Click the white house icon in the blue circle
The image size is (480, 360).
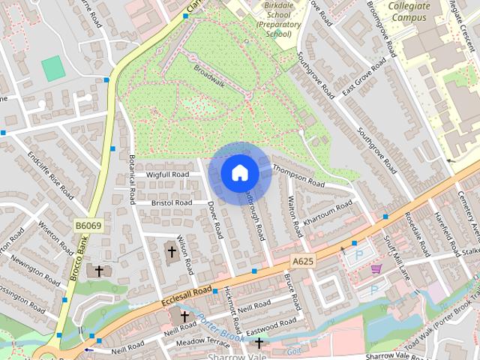(239, 172)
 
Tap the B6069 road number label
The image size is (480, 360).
(87, 224)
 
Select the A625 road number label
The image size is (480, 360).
(301, 260)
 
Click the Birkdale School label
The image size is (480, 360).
(273, 19)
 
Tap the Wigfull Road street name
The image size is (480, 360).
(168, 175)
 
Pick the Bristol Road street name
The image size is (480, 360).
(172, 202)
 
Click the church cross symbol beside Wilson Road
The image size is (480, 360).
(172, 251)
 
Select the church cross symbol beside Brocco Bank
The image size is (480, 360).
(98, 270)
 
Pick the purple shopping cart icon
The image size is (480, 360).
(376, 268)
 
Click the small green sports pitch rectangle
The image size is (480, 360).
(53, 69)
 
